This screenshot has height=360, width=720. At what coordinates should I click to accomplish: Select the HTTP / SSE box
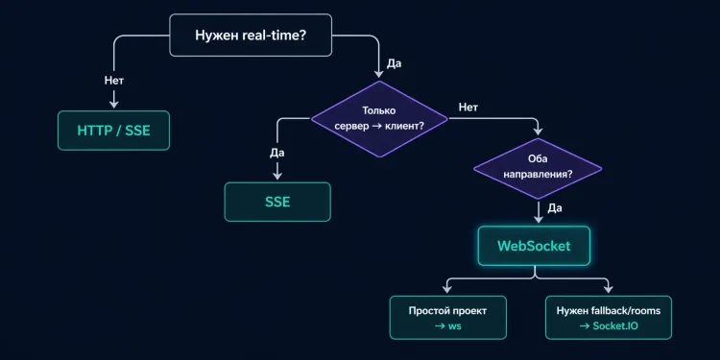[x=113, y=131]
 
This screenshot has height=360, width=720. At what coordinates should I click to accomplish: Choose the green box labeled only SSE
[x=277, y=202]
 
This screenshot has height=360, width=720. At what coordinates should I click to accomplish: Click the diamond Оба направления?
[x=538, y=168]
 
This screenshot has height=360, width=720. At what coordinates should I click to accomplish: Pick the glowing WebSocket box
[x=534, y=246]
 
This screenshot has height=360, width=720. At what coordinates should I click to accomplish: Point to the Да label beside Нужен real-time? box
[x=394, y=63]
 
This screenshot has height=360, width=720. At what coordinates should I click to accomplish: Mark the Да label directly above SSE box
[x=277, y=152]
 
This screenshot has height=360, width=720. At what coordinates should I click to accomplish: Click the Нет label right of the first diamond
[x=468, y=107]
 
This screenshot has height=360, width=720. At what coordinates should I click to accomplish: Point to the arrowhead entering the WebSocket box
[x=538, y=219]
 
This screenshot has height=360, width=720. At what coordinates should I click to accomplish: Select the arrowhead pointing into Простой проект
[x=447, y=289]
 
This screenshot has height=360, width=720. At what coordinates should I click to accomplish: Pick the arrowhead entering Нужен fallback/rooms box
[x=609, y=289]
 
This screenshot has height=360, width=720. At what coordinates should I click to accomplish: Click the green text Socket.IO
[x=615, y=327]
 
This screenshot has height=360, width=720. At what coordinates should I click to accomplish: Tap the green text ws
[x=455, y=327]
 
